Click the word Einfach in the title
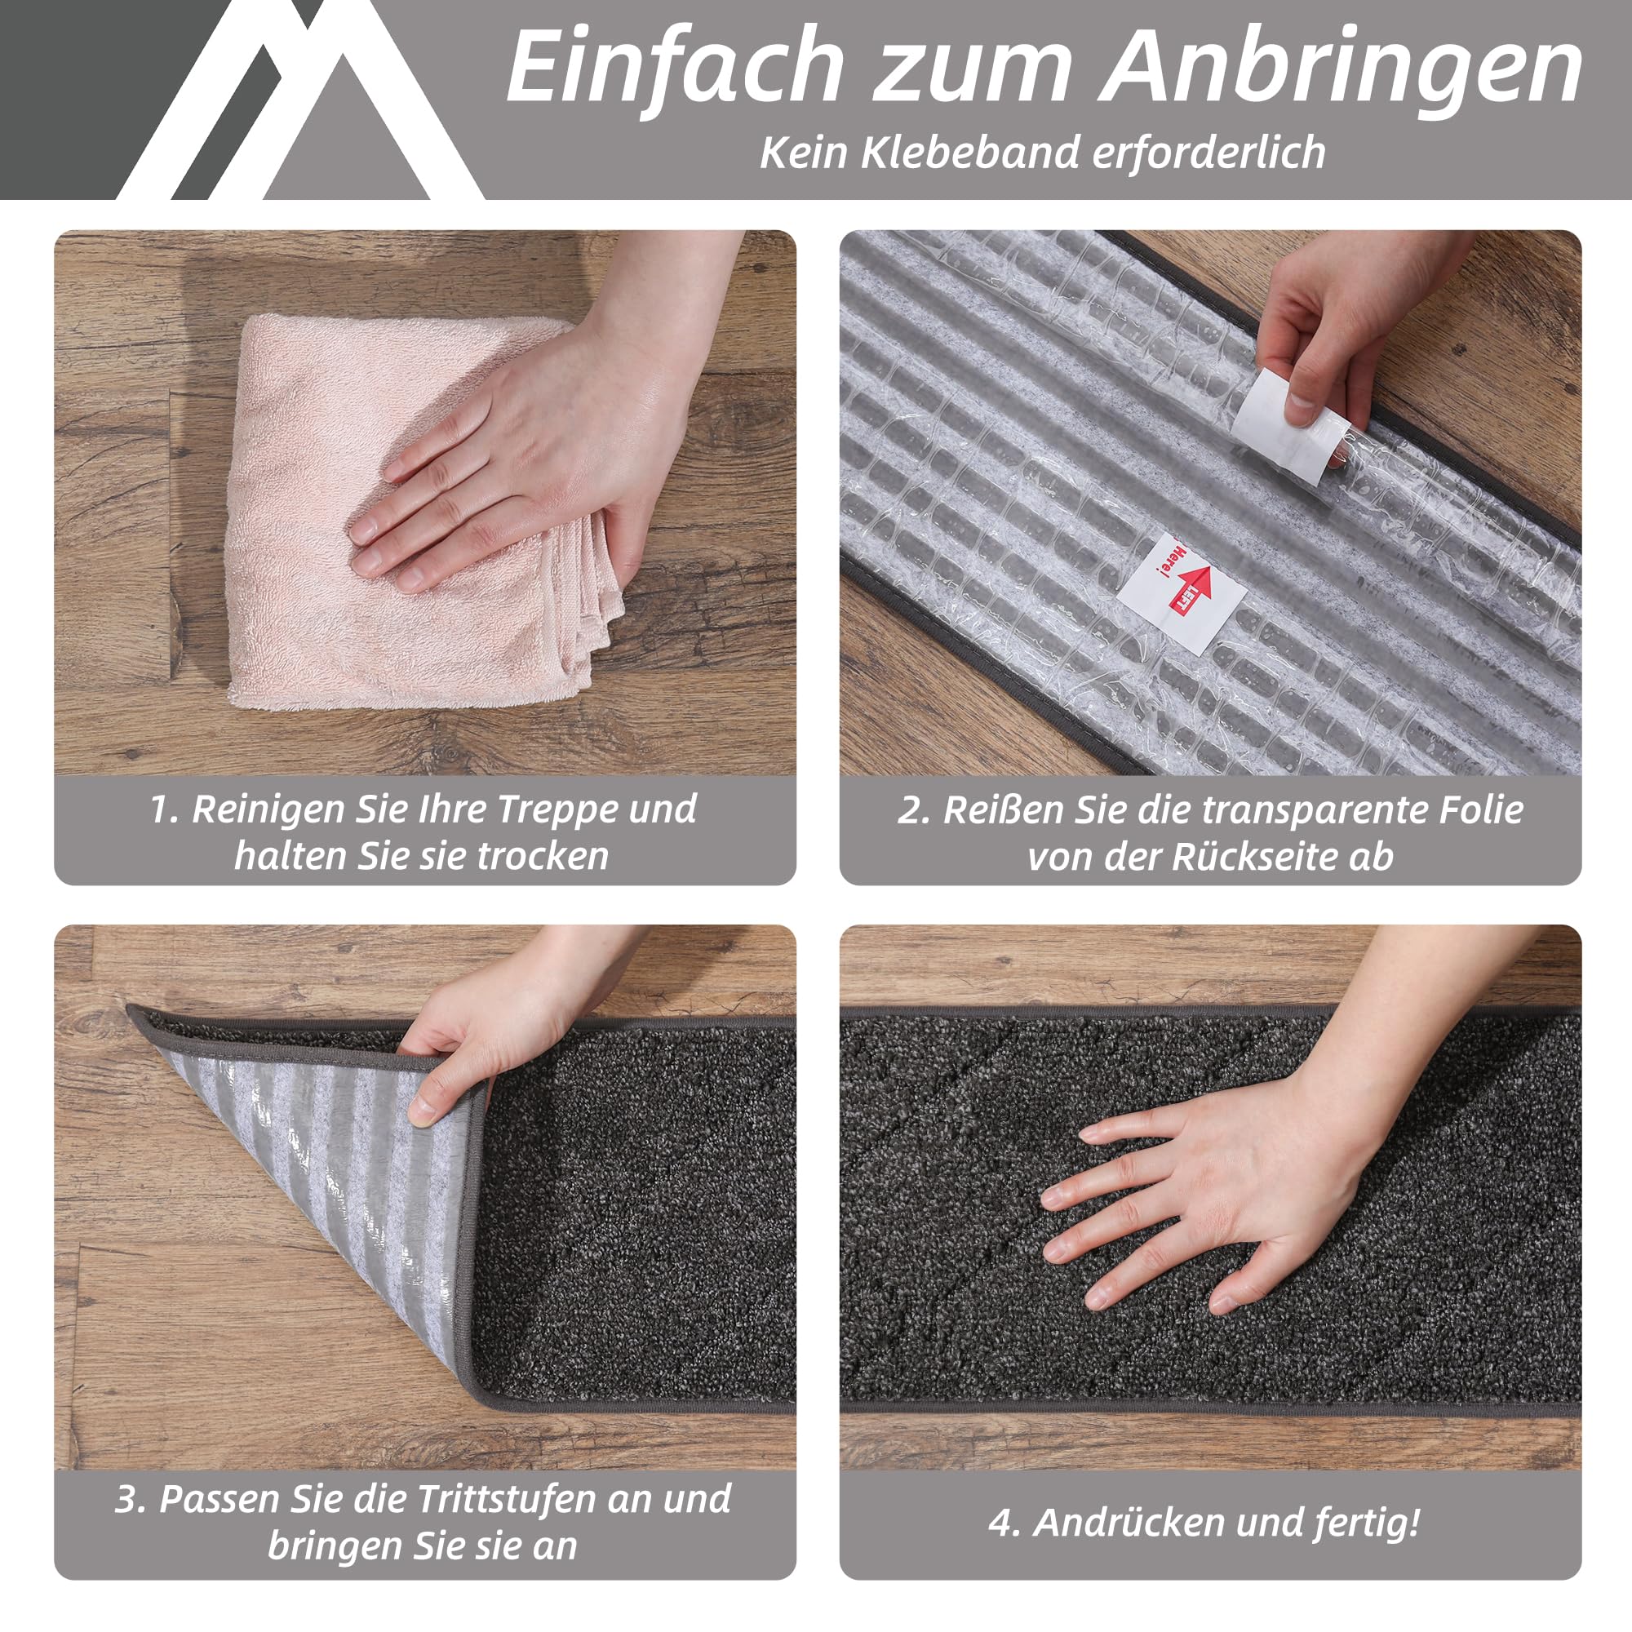676,66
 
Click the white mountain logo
299,100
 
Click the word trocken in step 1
543,856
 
